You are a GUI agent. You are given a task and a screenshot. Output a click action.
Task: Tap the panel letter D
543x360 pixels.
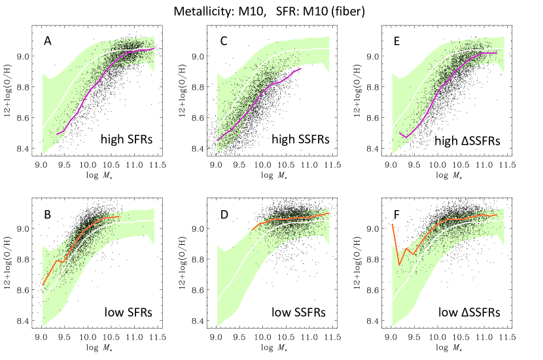pyautogui.click(x=222, y=213)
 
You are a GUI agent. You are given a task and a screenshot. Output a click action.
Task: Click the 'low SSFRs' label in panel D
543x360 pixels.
pyautogui.click(x=302, y=312)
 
